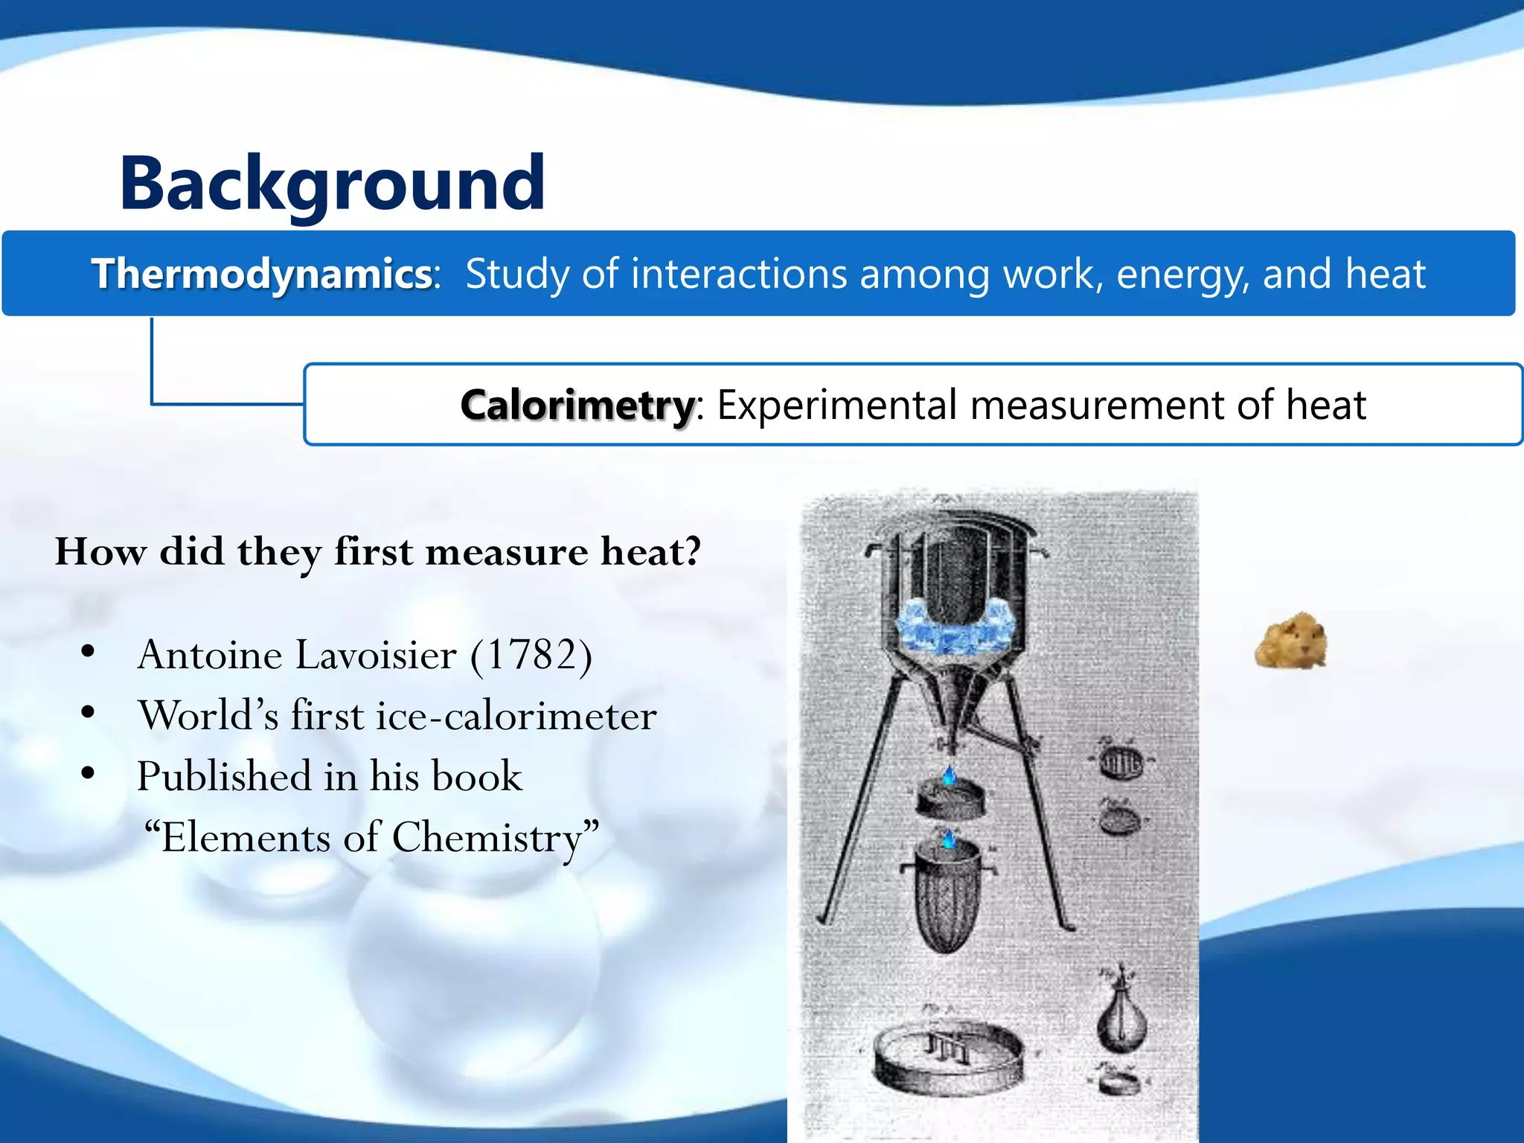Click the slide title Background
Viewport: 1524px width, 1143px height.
coord(332,183)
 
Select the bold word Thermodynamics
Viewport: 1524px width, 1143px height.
coord(262,274)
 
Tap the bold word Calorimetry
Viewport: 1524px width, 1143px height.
coord(577,406)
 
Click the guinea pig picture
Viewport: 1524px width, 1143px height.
coord(1291,641)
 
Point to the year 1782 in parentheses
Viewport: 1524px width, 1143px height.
coord(531,655)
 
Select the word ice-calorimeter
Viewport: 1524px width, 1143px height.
coord(516,716)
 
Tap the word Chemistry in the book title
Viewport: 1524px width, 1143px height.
coord(487,837)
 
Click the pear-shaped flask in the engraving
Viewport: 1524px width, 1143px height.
coord(1121,1016)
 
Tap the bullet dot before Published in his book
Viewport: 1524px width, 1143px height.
coord(88,774)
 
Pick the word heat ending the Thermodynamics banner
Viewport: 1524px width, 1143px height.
coord(1384,274)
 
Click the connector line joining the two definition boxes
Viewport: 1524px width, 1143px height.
coord(153,372)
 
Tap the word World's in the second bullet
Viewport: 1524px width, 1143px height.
coord(209,716)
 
